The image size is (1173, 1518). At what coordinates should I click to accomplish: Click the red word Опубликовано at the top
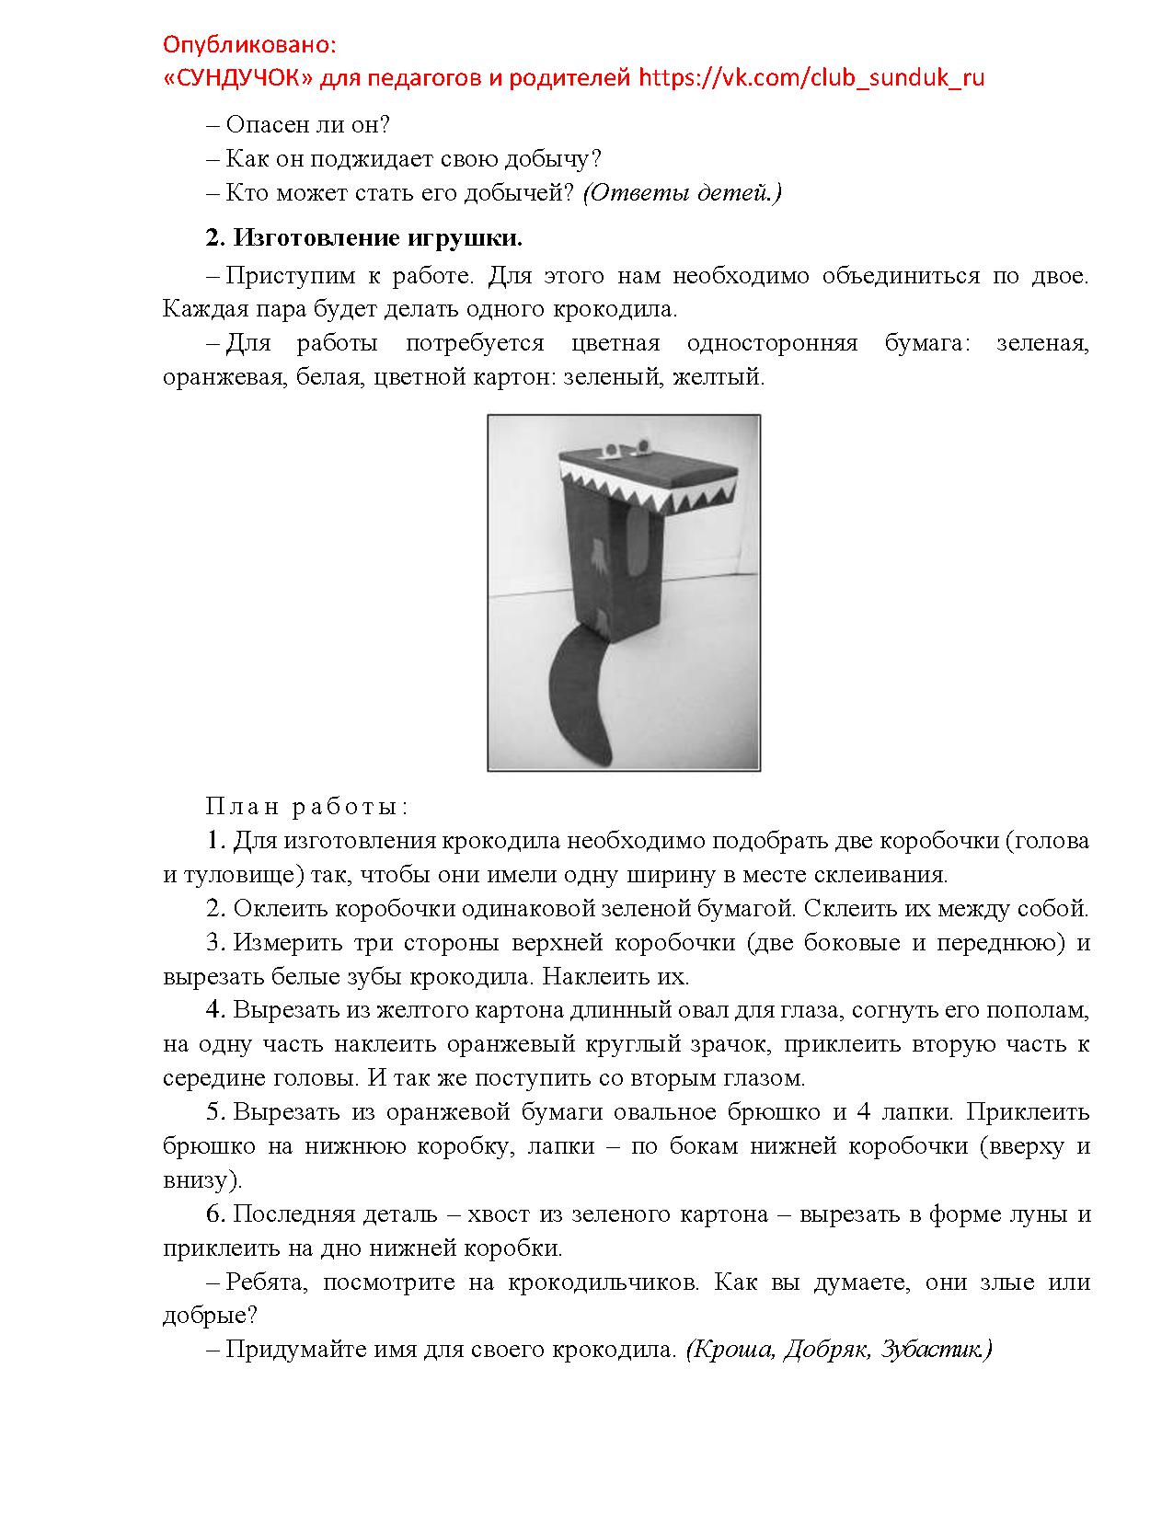point(249,44)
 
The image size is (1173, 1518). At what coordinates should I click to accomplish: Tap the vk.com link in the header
point(811,77)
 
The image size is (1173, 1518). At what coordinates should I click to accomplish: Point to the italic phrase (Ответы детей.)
point(682,192)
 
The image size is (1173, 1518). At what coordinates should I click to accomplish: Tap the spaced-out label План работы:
point(306,807)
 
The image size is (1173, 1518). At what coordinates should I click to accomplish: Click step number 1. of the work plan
point(215,841)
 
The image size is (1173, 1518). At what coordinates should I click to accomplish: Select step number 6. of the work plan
point(215,1214)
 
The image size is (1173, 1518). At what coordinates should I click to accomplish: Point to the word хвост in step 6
point(498,1214)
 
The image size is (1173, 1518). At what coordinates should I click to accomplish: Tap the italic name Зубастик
point(937,1350)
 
